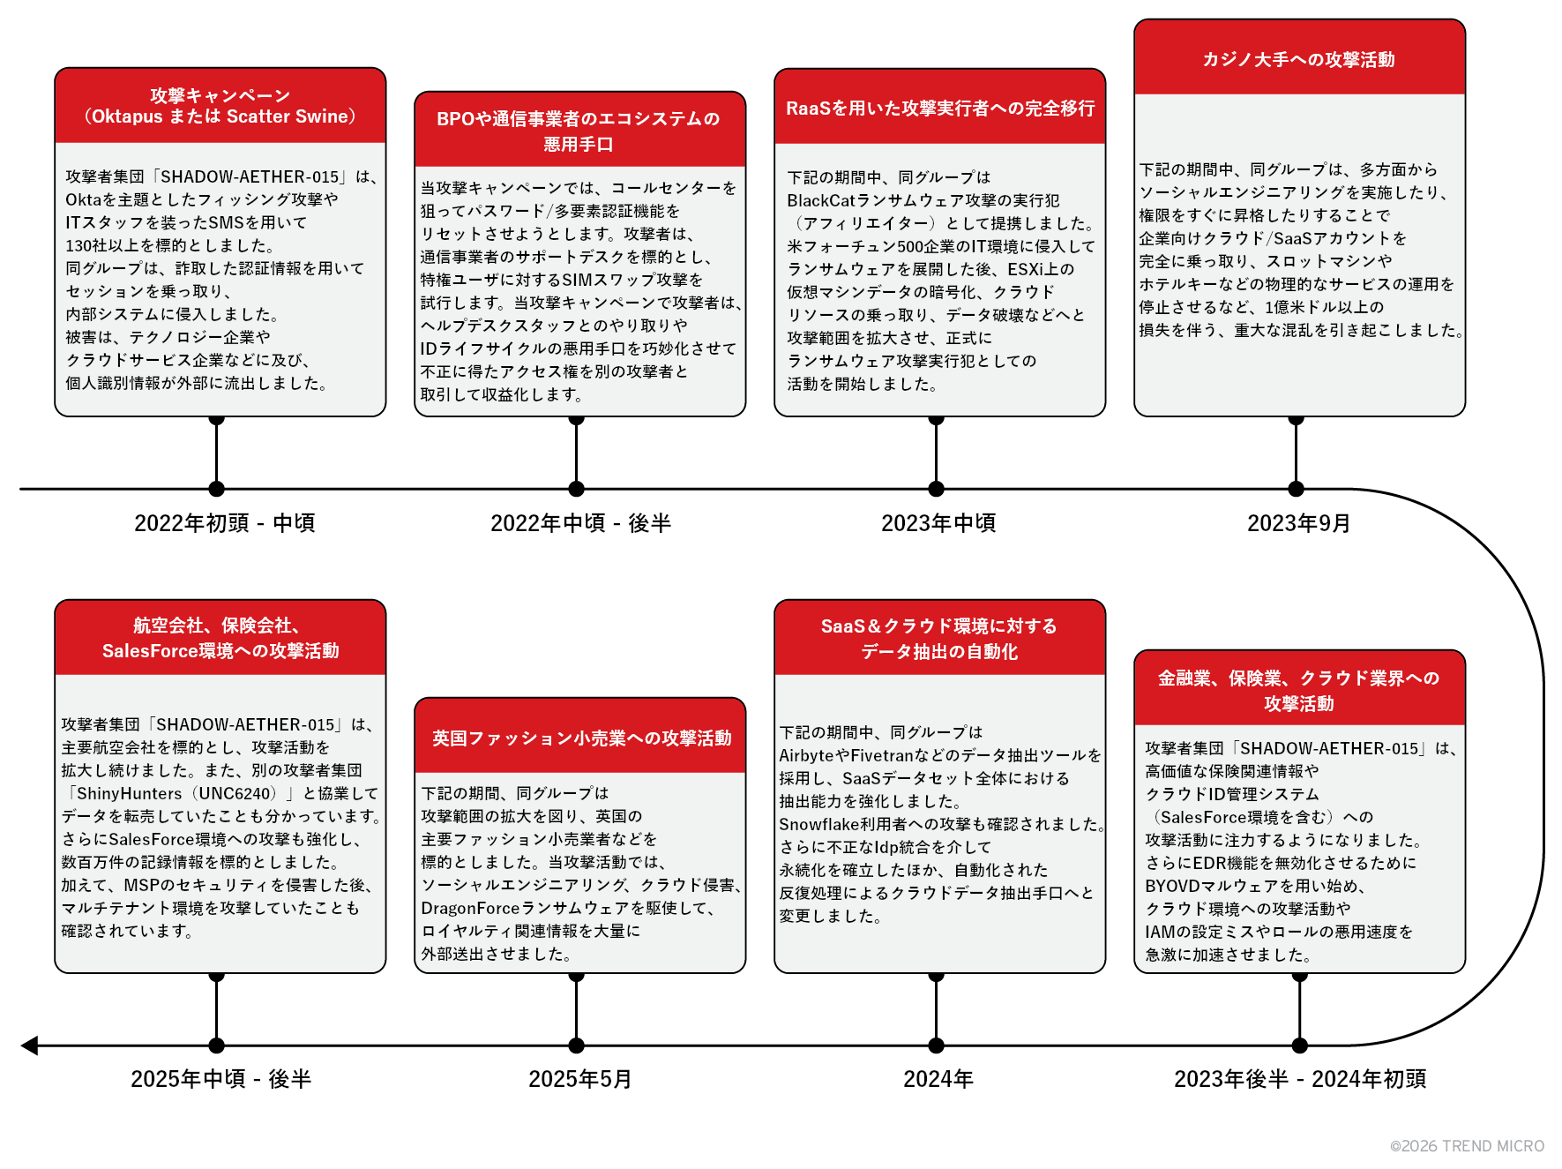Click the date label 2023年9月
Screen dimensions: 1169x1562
pyautogui.click(x=1298, y=523)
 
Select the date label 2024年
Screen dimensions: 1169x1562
pyautogui.click(x=938, y=1079)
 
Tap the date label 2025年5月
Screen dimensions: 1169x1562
pyautogui.click(x=579, y=1079)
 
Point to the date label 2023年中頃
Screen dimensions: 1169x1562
pyautogui.click(x=938, y=523)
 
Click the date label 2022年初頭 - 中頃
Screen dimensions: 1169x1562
pyautogui.click(x=224, y=523)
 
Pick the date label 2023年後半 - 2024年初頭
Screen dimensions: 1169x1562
pyautogui.click(x=1299, y=1079)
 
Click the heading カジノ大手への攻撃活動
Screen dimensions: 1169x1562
pyautogui.click(x=1298, y=59)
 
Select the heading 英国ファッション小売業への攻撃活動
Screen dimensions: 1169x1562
pyautogui.click(x=581, y=738)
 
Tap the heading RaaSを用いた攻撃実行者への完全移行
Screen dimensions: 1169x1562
pyautogui.click(x=940, y=108)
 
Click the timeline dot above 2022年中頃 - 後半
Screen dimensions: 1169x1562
pyautogui.click(x=577, y=489)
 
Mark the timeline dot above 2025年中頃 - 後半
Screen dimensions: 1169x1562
pyautogui.click(x=217, y=1045)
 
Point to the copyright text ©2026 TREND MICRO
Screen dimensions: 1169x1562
pyautogui.click(x=1467, y=1146)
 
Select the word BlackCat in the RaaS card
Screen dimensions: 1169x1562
pyautogui.click(x=821, y=200)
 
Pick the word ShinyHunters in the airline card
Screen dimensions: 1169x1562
pyautogui.click(x=129, y=793)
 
